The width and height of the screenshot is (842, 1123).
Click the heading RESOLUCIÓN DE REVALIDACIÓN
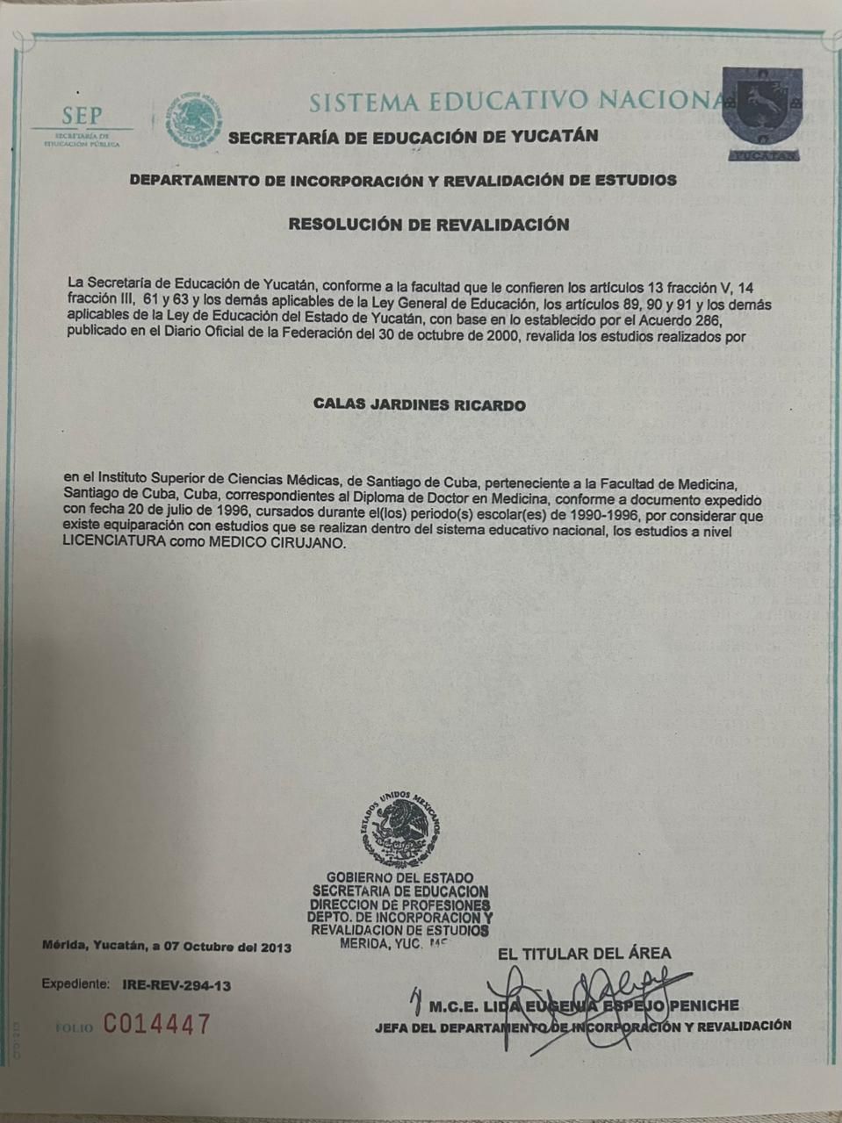pyautogui.click(x=428, y=225)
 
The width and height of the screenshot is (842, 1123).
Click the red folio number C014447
pyautogui.click(x=158, y=1024)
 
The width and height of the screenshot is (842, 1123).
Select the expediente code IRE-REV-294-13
pyautogui.click(x=176, y=985)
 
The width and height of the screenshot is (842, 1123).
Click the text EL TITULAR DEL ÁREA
pyautogui.click(x=584, y=954)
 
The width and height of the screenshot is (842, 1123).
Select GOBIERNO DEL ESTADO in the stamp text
pyautogui.click(x=399, y=877)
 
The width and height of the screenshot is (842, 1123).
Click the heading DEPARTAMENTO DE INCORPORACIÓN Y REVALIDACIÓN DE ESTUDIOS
pyautogui.click(x=403, y=181)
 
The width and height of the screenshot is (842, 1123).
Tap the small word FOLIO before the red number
pyautogui.click(x=74, y=1027)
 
